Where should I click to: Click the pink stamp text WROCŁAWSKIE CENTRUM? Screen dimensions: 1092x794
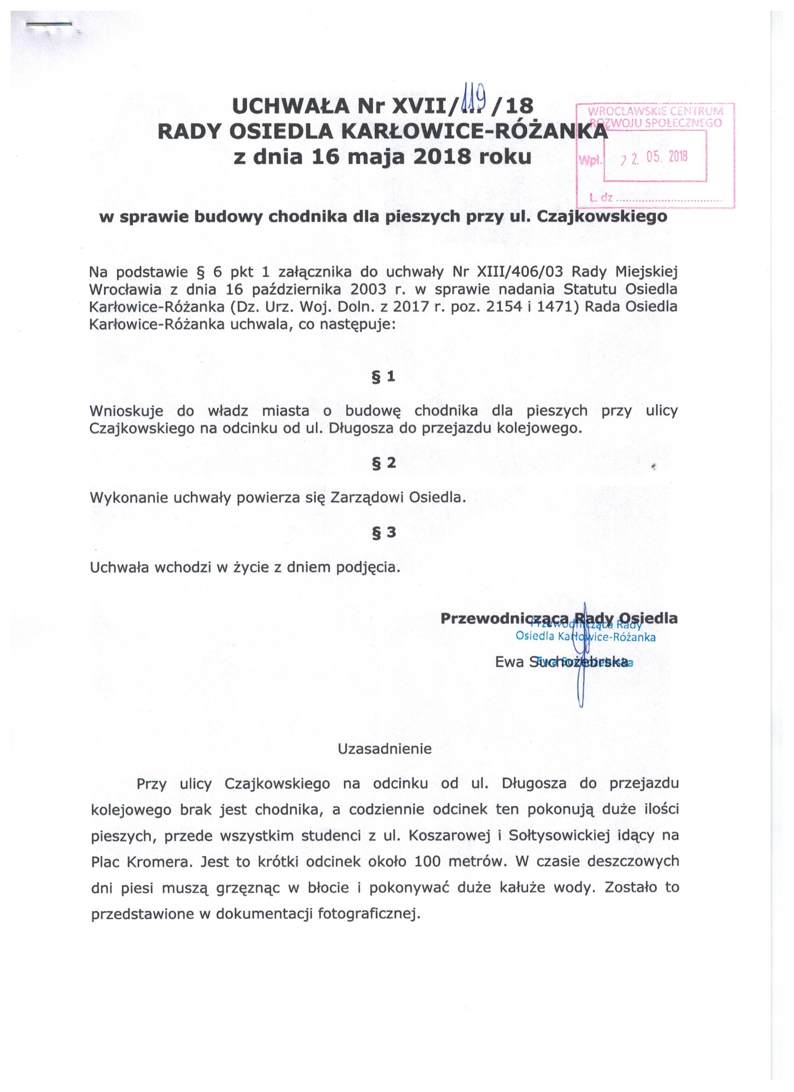(x=656, y=112)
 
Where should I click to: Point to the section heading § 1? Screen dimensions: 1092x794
(x=383, y=377)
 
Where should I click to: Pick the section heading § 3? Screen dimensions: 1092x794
(x=383, y=532)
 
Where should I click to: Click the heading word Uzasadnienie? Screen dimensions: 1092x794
(x=384, y=749)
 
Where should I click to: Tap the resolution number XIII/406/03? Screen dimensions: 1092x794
(x=517, y=272)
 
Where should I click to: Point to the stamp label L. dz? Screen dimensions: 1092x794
(x=601, y=197)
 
